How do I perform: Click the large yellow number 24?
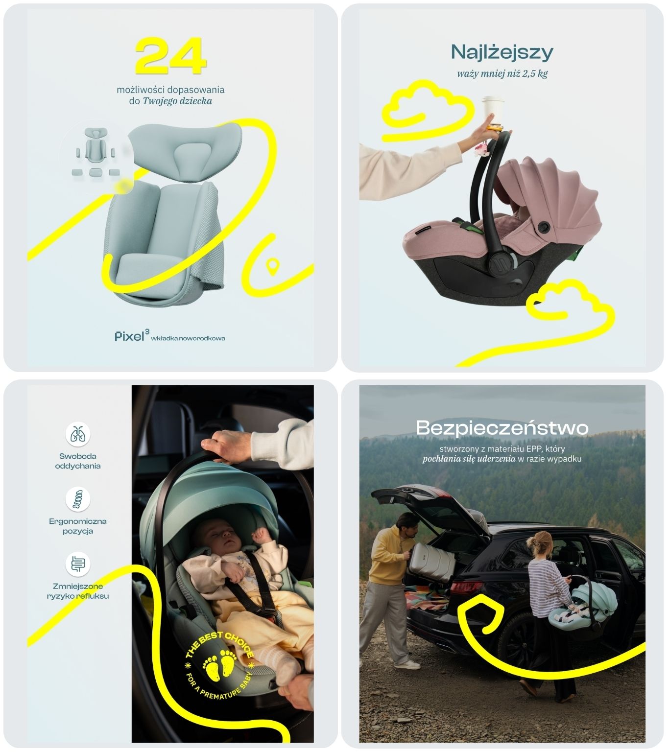(171, 56)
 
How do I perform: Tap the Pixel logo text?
(130, 337)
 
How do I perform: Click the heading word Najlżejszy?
(502, 52)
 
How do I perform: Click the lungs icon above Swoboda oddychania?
(77, 434)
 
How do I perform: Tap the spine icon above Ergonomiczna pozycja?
(77, 499)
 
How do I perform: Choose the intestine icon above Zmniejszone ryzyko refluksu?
(77, 564)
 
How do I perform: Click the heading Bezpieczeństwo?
(502, 428)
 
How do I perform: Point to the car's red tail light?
(466, 587)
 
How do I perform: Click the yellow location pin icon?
(273, 266)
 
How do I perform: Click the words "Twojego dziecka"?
(177, 101)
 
